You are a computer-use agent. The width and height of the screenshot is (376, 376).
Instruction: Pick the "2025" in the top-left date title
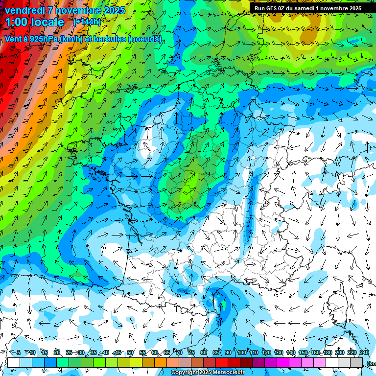tap(114, 10)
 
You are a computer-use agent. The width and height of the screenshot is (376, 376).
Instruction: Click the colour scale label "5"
tap(19, 352)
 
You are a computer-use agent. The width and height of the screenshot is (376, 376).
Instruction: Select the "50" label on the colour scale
tap(130, 352)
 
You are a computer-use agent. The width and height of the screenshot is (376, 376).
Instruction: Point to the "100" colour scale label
tap(242, 352)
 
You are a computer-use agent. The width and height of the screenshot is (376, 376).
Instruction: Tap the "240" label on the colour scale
tap(364, 352)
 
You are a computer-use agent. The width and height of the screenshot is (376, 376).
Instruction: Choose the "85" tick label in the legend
tap(216, 352)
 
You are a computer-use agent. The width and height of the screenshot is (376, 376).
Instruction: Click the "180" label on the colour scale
tap(328, 352)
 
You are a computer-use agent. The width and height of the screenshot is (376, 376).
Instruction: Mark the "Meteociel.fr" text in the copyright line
tap(227, 373)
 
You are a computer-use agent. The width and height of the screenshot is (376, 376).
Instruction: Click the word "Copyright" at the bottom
tap(183, 373)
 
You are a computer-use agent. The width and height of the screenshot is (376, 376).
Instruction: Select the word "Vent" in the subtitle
tap(13, 39)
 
